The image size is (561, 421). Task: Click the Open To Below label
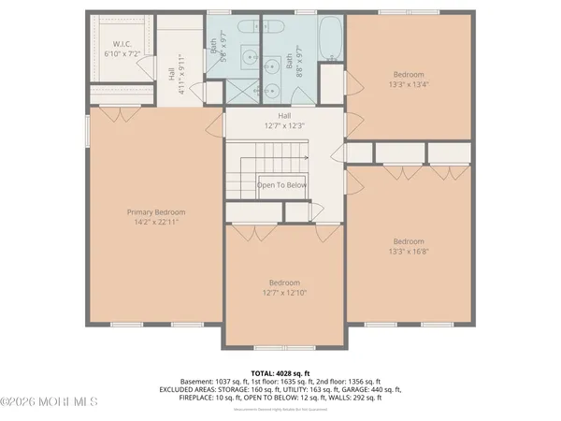pos(281,185)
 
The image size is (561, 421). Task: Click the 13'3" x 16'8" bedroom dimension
pos(409,252)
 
